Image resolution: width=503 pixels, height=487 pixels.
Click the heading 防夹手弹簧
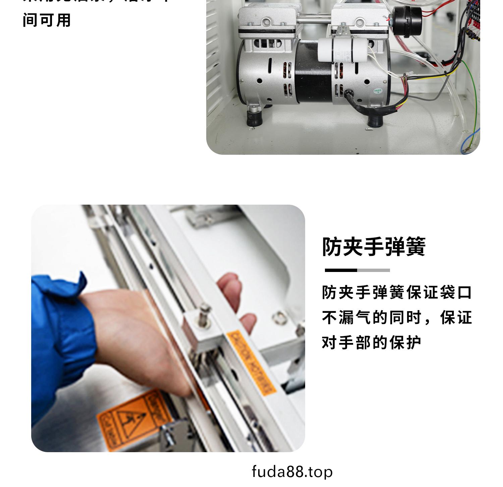374,247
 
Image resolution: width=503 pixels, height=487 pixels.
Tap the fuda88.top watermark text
292,472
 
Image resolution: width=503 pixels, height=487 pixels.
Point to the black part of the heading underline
341,270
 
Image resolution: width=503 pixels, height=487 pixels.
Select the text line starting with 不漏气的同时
397,318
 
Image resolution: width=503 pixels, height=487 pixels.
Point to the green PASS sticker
378,91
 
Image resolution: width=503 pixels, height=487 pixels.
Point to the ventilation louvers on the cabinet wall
213,50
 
